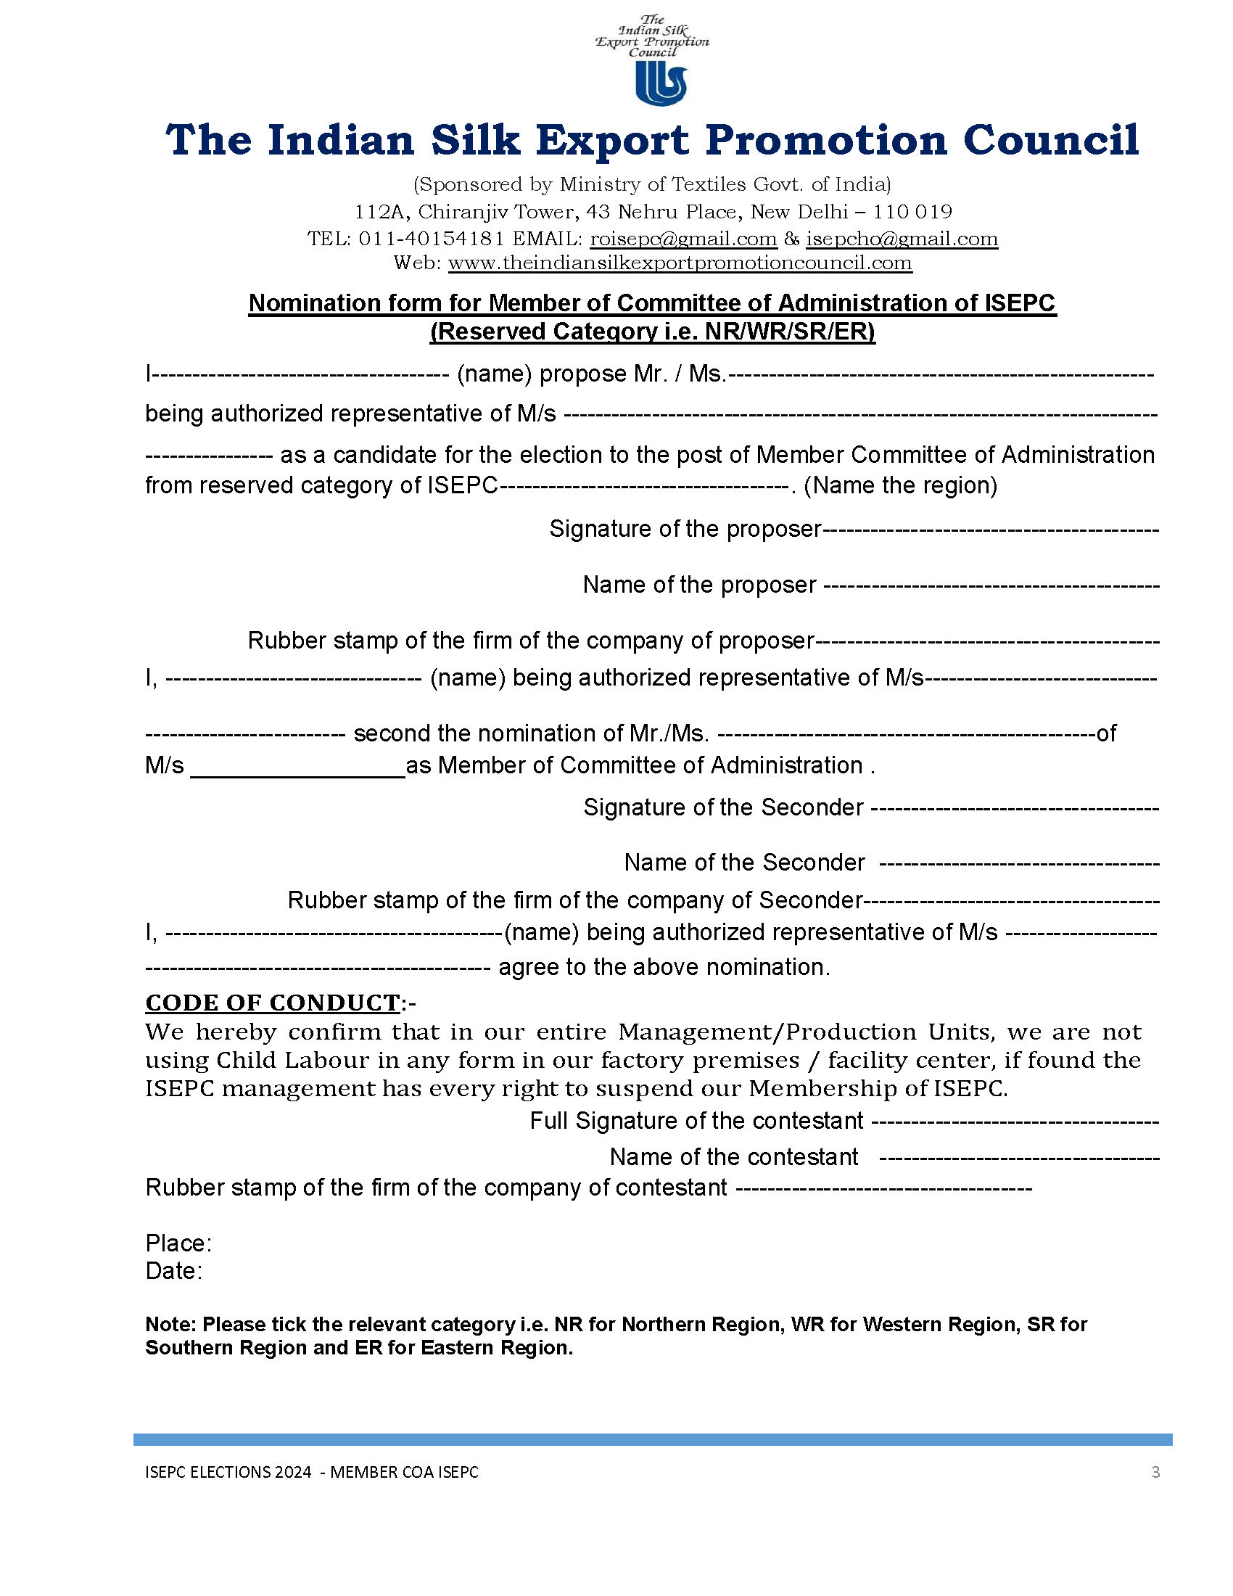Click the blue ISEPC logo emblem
pos(660,82)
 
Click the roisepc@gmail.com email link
pos(683,239)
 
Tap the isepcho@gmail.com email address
pos(902,239)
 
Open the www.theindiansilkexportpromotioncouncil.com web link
pos(680,263)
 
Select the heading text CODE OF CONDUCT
pos(272,1003)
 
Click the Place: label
pos(178,1243)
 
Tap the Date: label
pos(174,1271)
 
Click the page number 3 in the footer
pos(1155,1472)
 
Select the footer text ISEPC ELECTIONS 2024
pos(228,1472)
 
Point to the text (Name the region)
pos(900,485)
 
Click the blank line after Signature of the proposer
pos(991,529)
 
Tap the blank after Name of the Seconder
pos(1019,863)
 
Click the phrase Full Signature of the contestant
pos(696,1120)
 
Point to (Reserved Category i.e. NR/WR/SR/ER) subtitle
pos(652,332)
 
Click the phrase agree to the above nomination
pos(664,967)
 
